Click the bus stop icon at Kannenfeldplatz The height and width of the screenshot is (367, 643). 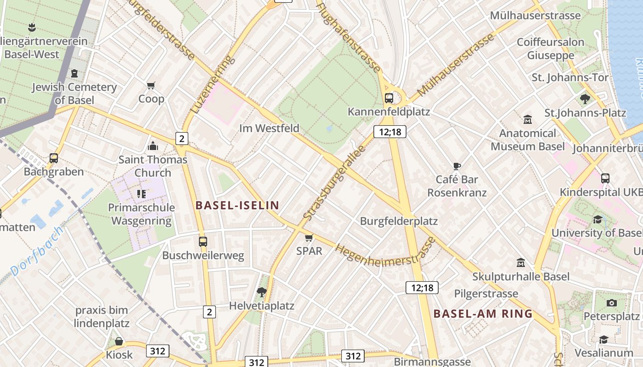[389, 98]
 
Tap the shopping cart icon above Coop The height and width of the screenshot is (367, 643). [151, 85]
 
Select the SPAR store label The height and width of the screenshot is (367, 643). [309, 251]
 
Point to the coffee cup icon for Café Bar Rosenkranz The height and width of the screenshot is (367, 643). [457, 166]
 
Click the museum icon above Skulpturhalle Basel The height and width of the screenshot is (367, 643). [521, 263]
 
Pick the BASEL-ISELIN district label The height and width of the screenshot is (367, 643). [237, 205]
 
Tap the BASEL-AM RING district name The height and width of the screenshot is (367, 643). [483, 314]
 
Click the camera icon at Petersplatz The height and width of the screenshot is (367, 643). [611, 303]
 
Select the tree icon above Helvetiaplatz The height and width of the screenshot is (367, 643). [262, 291]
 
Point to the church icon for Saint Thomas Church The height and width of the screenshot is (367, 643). [153, 146]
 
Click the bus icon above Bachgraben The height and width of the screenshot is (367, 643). [54, 158]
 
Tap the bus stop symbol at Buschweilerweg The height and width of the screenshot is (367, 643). [203, 241]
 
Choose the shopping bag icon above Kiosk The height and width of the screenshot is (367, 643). [119, 341]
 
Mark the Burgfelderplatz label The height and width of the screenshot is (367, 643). [399, 221]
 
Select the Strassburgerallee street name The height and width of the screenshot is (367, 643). [334, 182]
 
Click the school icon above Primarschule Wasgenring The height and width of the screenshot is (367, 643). [141, 194]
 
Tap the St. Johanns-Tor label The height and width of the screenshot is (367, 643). [570, 78]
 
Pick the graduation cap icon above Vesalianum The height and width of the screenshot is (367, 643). [604, 339]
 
